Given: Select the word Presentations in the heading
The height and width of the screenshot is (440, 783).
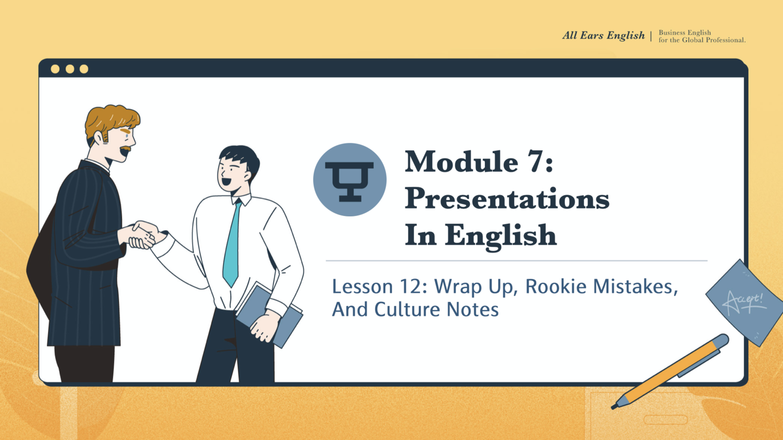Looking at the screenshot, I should (507, 199).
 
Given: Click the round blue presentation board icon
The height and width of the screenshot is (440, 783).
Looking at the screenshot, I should (350, 179).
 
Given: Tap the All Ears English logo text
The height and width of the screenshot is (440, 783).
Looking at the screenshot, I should (603, 36).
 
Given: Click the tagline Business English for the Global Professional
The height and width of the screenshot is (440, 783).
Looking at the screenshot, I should (701, 36).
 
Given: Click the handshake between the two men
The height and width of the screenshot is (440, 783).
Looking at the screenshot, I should (143, 234).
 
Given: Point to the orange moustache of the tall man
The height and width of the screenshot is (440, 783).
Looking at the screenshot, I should (126, 149).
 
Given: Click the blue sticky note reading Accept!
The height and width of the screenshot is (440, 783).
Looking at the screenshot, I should (743, 302).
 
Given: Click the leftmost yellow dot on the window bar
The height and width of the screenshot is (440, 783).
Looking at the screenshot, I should (55, 69).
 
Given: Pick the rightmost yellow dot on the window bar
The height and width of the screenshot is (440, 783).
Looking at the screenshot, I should (84, 69).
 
